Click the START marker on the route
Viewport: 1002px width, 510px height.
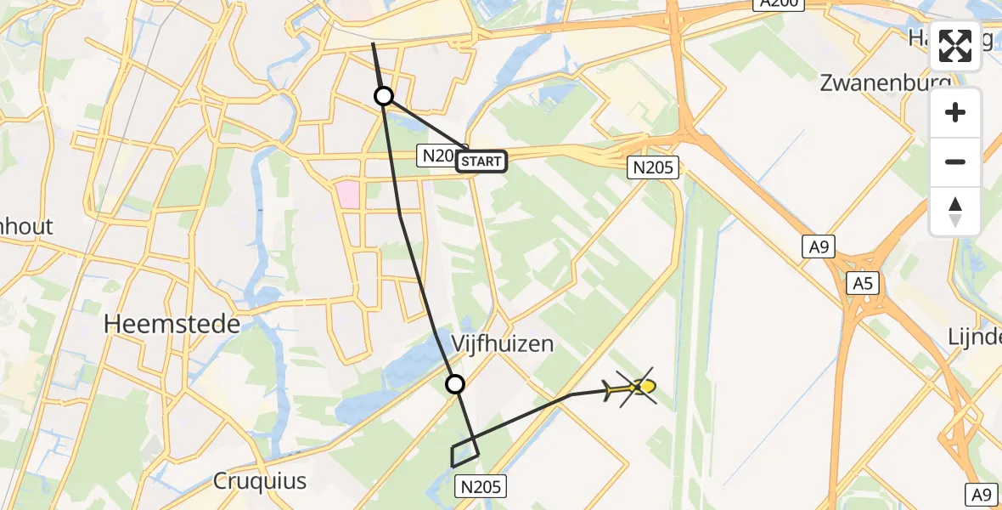pyautogui.click(x=481, y=161)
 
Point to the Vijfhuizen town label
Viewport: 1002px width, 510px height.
pyautogui.click(x=502, y=343)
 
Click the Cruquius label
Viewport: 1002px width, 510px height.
pyautogui.click(x=259, y=481)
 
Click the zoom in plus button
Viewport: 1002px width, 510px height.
pyautogui.click(x=955, y=112)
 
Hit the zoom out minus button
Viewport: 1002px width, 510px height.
pyautogui.click(x=955, y=161)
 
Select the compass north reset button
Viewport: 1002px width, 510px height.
pyautogui.click(x=955, y=211)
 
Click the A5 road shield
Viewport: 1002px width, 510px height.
pyautogui.click(x=862, y=284)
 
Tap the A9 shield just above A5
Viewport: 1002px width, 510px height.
pyautogui.click(x=819, y=247)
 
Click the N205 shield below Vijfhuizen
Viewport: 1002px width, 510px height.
pyautogui.click(x=482, y=486)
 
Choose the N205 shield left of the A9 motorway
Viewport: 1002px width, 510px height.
pyautogui.click(x=654, y=167)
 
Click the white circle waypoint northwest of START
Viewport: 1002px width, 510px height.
pyautogui.click(x=384, y=96)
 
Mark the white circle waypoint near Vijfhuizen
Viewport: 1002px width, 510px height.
pyautogui.click(x=456, y=384)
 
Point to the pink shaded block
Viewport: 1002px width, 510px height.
pyautogui.click(x=348, y=193)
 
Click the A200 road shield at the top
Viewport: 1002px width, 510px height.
pyautogui.click(x=778, y=4)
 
